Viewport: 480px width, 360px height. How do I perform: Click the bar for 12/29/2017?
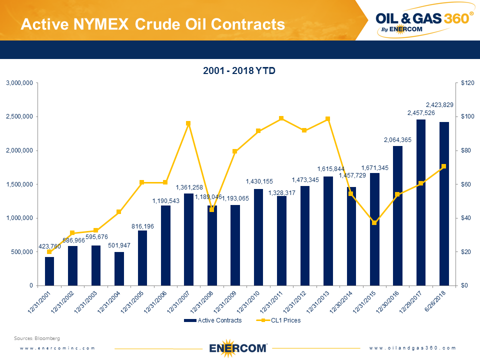(421, 202)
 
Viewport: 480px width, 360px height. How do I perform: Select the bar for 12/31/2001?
(49, 271)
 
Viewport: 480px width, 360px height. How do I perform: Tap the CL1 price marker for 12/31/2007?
(188, 123)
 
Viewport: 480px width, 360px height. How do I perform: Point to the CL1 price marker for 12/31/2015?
(374, 222)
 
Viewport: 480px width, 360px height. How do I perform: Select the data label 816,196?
(142, 226)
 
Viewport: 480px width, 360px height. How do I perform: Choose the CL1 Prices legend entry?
(278, 320)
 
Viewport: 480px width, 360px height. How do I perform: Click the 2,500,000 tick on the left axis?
(19, 116)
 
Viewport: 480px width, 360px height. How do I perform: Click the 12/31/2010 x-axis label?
(250, 302)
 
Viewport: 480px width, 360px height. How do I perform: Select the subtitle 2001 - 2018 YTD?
(239, 71)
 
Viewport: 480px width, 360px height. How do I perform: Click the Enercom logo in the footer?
(238, 347)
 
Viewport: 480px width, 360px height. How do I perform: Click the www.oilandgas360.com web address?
(413, 348)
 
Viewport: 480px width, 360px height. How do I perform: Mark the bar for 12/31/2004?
(119, 268)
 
